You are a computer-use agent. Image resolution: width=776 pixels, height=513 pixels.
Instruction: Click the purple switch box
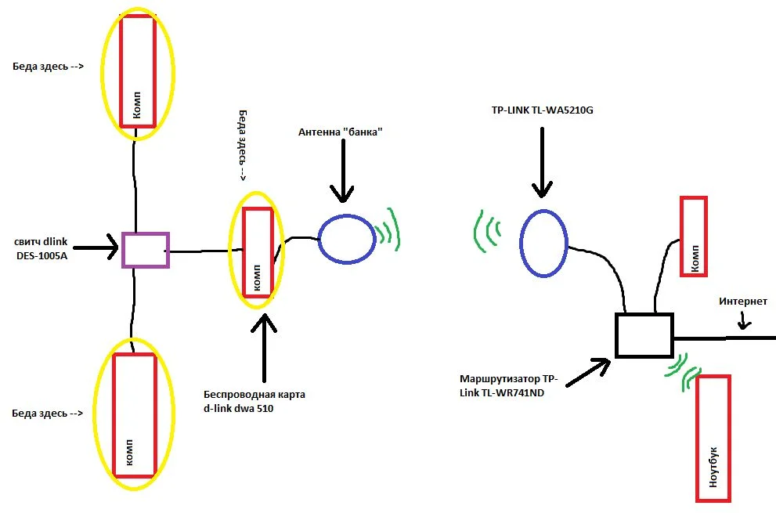tap(146, 251)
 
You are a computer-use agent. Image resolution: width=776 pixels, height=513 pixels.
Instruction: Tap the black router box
tap(644, 335)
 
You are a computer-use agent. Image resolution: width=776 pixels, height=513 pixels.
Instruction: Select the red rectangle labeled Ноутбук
tap(713, 438)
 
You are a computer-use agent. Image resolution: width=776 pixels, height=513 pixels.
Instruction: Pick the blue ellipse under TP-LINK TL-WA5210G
tap(545, 243)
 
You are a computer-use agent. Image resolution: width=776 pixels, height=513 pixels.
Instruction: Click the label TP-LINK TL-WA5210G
tap(542, 110)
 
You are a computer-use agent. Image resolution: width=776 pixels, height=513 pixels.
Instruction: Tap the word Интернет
tap(743, 301)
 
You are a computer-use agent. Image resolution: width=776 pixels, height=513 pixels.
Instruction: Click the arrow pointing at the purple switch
tap(98, 251)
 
